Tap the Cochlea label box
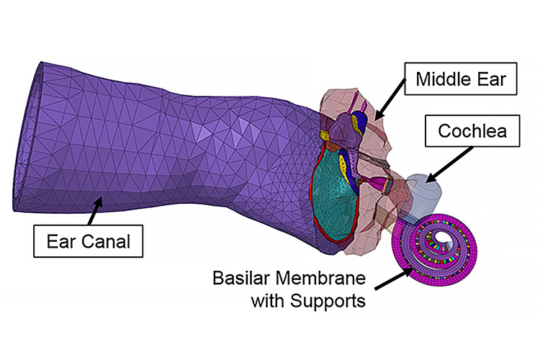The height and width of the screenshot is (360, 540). [x=470, y=132]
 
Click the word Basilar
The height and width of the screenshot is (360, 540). [x=240, y=277]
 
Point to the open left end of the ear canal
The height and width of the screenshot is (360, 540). [x=25, y=137]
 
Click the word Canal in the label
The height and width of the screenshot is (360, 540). [x=107, y=240]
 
